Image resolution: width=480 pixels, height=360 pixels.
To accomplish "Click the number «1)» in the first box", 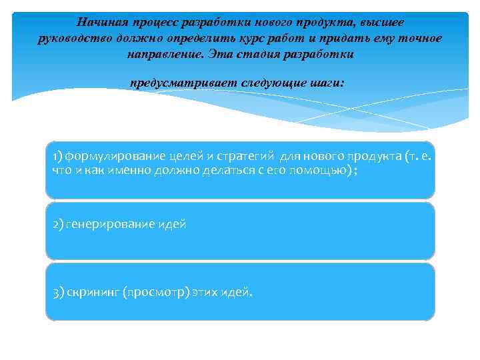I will coord(57,156).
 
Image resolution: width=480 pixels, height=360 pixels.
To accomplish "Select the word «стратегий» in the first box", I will coord(246,156).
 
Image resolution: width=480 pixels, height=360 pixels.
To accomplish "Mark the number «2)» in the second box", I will coord(57,225).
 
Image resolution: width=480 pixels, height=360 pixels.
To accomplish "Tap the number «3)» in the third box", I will coord(57,293).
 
